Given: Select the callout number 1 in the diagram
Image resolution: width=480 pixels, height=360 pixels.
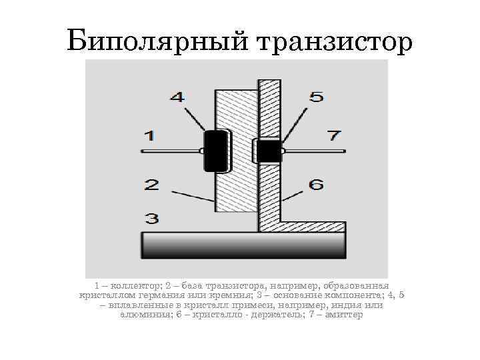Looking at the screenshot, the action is tap(149, 135).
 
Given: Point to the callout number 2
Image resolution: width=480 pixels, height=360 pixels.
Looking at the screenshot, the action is tap(151, 185).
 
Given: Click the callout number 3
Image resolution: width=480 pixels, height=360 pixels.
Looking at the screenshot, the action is tap(151, 218).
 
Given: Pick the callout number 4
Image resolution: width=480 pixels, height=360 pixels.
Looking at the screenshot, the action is tap(177, 97).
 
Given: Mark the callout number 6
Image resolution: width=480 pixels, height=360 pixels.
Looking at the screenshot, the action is tap(315, 184).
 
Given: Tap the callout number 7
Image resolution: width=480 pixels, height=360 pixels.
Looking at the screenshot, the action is tap(333, 135).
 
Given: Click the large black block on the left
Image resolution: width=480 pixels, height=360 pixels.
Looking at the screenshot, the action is tap(215, 151).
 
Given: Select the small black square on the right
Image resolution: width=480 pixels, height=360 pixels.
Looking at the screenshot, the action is tap(269, 151).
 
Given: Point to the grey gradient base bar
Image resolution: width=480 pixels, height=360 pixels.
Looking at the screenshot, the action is tap(243, 245).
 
